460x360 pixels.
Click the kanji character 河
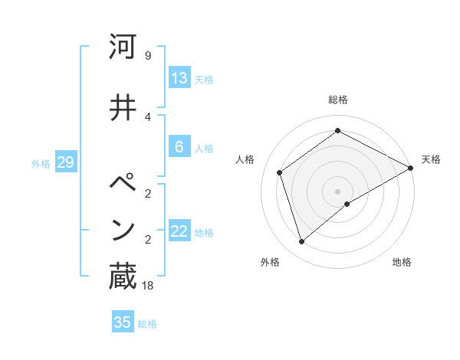pyautogui.click(x=123, y=47)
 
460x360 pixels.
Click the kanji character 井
pyautogui.click(x=123, y=107)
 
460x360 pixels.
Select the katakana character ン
pyautogui.click(x=123, y=229)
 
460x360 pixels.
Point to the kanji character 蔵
pyautogui.click(x=123, y=277)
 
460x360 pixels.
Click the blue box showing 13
pyautogui.click(x=179, y=78)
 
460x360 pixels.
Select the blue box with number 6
pyautogui.click(x=179, y=147)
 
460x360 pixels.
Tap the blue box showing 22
pyautogui.click(x=179, y=231)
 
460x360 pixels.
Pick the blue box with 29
pyautogui.click(x=65, y=162)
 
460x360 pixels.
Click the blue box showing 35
pyautogui.click(x=123, y=322)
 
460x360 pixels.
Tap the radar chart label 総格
pyautogui.click(x=338, y=100)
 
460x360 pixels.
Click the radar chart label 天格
pyautogui.click(x=431, y=159)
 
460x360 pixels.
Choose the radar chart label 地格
pyautogui.click(x=402, y=262)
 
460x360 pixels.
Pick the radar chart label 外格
pyautogui.click(x=270, y=262)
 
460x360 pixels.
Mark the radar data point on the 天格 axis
pyautogui.click(x=411, y=168)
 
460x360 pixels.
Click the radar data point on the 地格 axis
pyautogui.click(x=347, y=204)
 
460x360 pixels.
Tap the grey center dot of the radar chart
pyautogui.click(x=338, y=191)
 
